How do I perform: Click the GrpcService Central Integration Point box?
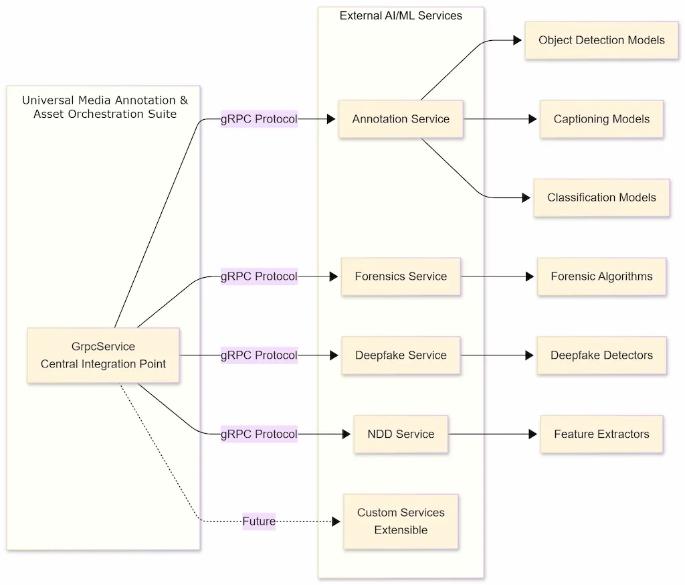(103, 355)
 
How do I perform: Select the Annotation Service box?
(401, 119)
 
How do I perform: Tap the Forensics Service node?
(401, 276)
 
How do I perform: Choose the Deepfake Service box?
(401, 355)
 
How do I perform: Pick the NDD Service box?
(401, 434)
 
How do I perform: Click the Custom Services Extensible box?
(401, 521)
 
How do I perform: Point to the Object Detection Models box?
(601, 40)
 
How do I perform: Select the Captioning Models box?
(601, 119)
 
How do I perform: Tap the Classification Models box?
(601, 197)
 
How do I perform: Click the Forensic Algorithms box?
(601, 276)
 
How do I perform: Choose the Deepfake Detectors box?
(601, 355)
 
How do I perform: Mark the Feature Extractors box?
(601, 434)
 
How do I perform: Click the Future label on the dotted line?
(259, 521)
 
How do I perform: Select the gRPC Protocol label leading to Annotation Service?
(259, 119)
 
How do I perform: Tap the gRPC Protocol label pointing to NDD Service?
(259, 434)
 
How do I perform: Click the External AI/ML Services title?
(401, 15)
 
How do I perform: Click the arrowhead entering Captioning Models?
(532, 119)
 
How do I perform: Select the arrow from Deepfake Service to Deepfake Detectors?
(498, 355)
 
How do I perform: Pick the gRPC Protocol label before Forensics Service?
(259, 276)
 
